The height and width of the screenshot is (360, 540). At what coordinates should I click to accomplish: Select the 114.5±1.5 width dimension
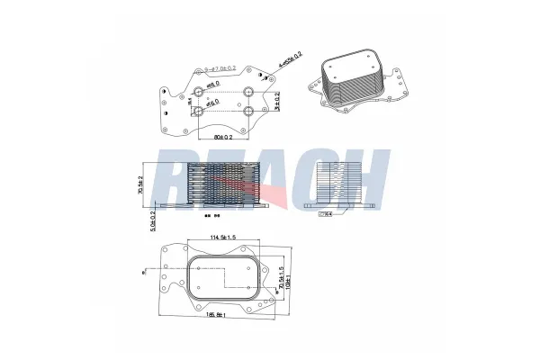(222, 237)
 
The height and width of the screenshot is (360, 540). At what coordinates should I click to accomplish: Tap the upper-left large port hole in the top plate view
(201, 91)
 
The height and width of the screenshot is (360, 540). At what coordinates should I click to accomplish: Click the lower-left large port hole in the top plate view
(201, 112)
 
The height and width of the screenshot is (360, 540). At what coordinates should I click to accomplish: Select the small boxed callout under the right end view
(327, 214)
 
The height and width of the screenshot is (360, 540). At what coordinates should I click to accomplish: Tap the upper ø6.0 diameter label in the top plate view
(213, 85)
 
